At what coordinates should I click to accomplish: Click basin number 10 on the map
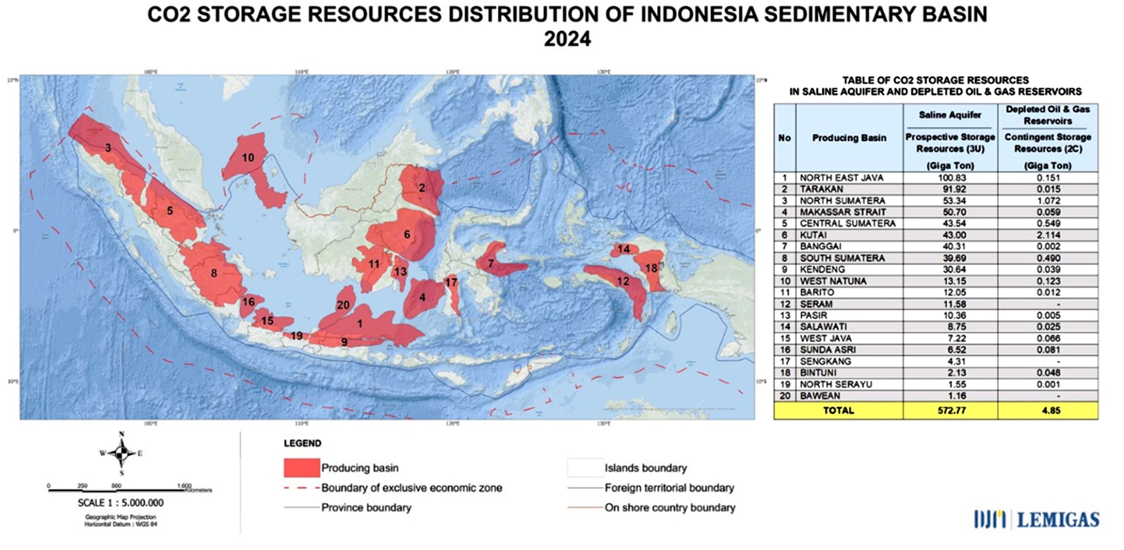click(248, 157)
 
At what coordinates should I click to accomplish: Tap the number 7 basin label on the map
click(491, 263)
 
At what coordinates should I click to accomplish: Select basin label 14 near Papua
click(624, 249)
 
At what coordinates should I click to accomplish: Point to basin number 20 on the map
click(343, 305)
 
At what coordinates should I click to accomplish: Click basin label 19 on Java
click(296, 336)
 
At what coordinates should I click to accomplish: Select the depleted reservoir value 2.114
click(1048, 235)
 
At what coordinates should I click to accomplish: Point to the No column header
click(784, 138)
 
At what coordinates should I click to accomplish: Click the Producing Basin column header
click(849, 138)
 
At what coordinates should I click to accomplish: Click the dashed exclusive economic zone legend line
click(301, 488)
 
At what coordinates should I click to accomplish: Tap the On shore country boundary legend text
click(670, 508)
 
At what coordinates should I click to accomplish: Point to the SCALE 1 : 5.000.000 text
click(121, 502)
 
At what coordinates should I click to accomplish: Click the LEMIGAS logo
click(1037, 519)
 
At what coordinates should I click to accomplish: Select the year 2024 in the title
click(567, 39)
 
